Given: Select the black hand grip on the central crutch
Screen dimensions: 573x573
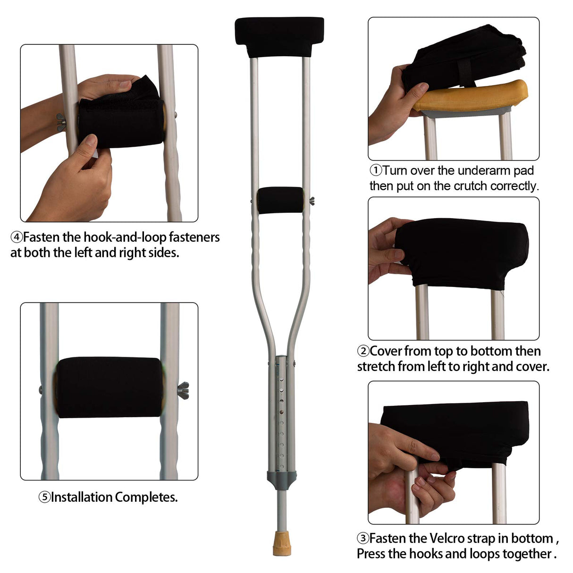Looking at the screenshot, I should [x=280, y=200].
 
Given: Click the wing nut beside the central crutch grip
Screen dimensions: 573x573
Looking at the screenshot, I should [x=312, y=202].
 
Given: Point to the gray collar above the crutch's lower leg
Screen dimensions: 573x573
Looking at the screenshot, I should [x=281, y=479].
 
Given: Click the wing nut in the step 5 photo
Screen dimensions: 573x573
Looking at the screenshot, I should [x=183, y=390].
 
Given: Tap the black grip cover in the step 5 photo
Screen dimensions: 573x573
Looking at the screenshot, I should [x=110, y=387].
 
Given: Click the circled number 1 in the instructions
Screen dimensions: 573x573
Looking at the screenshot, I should [x=375, y=170].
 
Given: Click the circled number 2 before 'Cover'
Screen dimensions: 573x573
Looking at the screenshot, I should [x=363, y=351].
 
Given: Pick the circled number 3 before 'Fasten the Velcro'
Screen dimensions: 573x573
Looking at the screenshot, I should [x=362, y=539].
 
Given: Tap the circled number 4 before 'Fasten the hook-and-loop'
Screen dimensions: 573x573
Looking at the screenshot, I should [x=16, y=237].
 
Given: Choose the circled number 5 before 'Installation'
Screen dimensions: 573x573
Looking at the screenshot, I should [x=44, y=497].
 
